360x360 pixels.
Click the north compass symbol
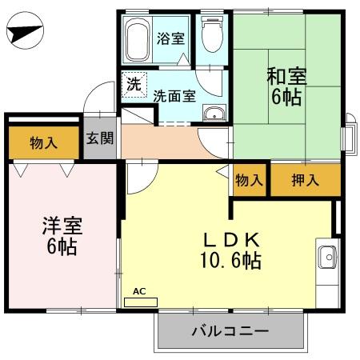pyautogui.click(x=24, y=34)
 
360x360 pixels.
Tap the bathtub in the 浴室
pyautogui.click(x=138, y=41)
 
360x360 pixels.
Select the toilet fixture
pyautogui.click(x=211, y=35)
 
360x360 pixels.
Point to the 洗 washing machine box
pyautogui.click(x=131, y=82)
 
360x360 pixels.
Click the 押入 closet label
pyautogui.click(x=305, y=180)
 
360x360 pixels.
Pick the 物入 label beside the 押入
pyautogui.click(x=249, y=180)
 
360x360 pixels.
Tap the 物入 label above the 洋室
pyautogui.click(x=43, y=143)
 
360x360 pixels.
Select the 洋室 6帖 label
pyautogui.click(x=61, y=234)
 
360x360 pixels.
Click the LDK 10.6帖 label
pyautogui.click(x=230, y=249)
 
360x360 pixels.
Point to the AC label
pyautogui.click(x=139, y=291)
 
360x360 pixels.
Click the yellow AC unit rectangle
pyautogui.click(x=142, y=302)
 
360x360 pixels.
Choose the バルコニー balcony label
pyautogui.click(x=230, y=330)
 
